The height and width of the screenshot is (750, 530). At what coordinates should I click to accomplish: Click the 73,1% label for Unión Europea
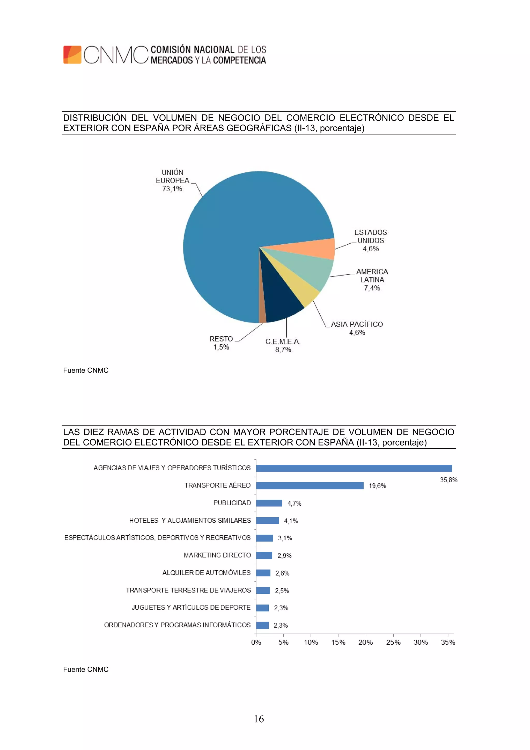point(172,189)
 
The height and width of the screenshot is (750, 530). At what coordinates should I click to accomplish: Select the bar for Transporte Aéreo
point(310,485)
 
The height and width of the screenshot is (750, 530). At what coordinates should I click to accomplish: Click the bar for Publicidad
point(269,503)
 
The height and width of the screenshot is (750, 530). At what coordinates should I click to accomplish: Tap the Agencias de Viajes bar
point(354,468)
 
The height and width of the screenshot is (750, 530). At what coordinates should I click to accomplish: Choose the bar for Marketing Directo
point(264,555)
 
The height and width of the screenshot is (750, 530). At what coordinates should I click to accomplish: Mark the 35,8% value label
point(448,480)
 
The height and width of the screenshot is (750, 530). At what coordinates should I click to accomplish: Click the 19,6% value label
point(377,486)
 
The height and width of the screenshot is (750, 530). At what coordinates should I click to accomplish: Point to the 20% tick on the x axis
point(365,642)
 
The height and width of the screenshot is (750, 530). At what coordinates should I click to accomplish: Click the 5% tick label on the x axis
point(283,642)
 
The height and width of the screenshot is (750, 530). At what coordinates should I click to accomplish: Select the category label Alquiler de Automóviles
point(206,573)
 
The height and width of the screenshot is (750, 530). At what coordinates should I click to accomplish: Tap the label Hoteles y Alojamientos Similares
point(190,520)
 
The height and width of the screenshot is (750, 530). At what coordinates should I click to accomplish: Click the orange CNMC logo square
point(72,55)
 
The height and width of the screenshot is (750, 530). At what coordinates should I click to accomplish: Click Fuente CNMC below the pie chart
point(86,370)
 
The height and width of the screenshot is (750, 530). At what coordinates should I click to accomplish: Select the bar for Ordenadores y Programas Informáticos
point(262,625)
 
